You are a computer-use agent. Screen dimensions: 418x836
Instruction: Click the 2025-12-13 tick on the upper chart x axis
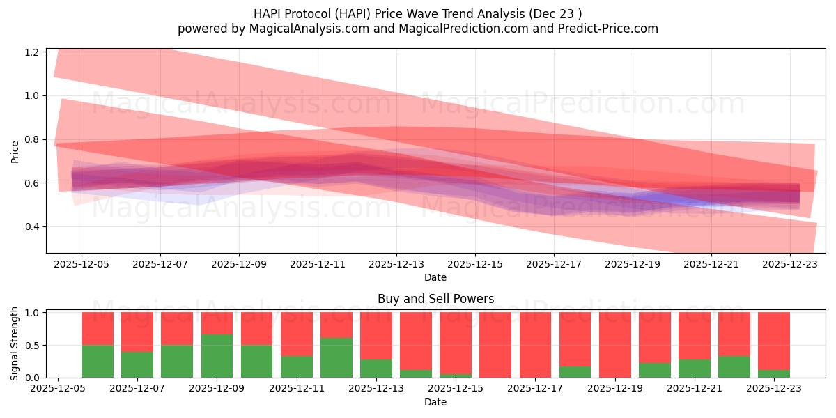396,264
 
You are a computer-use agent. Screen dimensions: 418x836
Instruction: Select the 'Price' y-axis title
15,150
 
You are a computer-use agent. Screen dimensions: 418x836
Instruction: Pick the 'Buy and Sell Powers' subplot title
435,299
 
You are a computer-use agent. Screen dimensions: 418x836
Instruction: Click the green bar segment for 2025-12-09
217,356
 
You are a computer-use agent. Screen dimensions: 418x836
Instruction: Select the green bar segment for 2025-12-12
336,357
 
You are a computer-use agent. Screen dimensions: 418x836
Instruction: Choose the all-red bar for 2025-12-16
495,345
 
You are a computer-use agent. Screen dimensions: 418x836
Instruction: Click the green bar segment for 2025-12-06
98,361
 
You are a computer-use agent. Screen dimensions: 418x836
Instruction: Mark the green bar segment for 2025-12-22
734,366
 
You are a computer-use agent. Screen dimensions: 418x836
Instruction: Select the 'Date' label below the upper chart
435,277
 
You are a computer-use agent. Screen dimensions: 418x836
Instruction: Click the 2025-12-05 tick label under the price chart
82,264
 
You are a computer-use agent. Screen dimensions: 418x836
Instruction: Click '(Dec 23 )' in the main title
555,13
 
